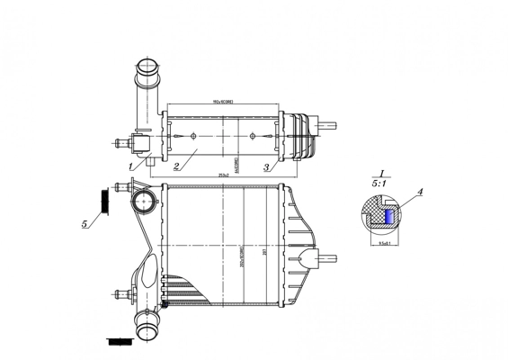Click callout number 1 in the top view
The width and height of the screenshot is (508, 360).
pos(130,166)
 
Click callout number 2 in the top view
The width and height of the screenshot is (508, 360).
pos(177,166)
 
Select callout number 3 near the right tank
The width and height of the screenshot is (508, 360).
pos(266,167)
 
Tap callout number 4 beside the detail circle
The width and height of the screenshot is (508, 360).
pos(420,192)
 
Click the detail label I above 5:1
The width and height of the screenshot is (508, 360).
pos(382,173)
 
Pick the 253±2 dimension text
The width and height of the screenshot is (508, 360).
pos(223,175)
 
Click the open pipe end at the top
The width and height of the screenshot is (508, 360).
pos(145,65)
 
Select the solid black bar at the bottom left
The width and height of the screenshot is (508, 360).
pos(117,341)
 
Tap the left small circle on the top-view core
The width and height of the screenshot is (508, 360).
pos(193,137)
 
